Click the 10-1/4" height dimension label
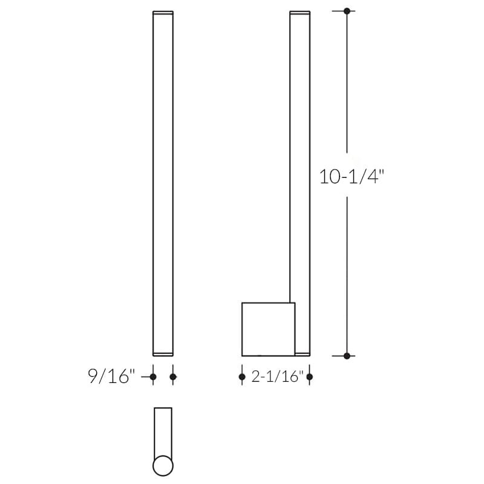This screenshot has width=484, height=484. (352, 177)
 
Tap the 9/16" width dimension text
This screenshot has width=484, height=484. (110, 377)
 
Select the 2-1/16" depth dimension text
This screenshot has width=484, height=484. (276, 377)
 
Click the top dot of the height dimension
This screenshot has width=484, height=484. (347, 11)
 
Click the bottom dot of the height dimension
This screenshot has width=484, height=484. (347, 356)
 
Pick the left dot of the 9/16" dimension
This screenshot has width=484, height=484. (152, 377)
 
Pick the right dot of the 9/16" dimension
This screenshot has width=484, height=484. (173, 377)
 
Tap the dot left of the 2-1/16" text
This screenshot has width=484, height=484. (242, 377)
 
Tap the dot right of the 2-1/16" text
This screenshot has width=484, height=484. (309, 377)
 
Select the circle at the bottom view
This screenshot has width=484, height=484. (163, 466)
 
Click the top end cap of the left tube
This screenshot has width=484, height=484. (163, 13)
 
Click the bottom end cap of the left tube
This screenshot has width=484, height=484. (163, 353)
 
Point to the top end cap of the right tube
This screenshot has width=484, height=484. (299, 13)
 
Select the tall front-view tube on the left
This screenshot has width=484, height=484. (163, 181)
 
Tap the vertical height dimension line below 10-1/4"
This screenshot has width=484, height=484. (347, 272)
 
